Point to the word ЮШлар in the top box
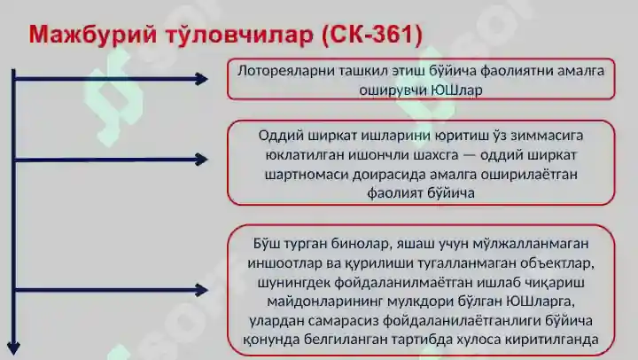457,89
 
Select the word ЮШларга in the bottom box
532,301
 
